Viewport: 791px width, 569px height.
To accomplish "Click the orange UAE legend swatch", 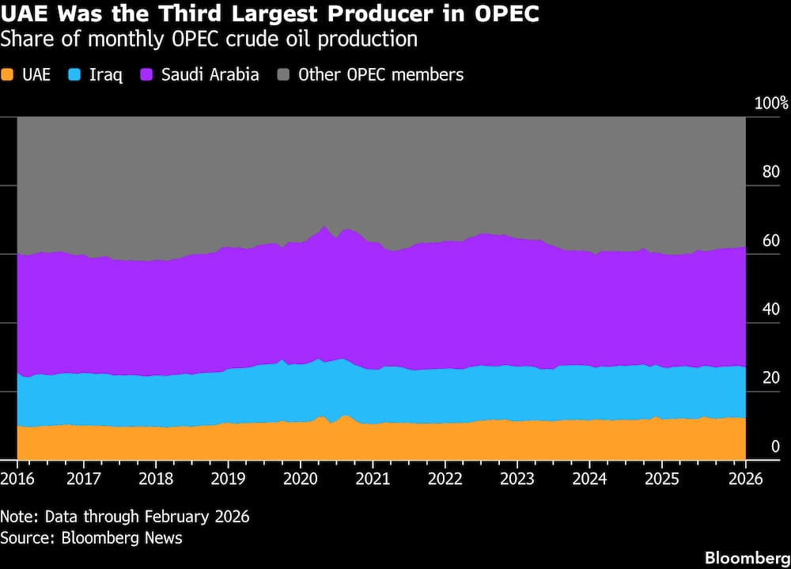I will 9,75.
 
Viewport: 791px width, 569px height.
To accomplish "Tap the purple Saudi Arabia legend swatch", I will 146,75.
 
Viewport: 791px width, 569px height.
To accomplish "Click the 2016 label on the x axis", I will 17,479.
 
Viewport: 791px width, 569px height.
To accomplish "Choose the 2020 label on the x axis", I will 300,479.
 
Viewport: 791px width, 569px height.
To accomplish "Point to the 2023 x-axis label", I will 517,479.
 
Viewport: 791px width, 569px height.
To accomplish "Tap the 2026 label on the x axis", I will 744,479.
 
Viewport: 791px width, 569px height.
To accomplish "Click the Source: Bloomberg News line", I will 91,538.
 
